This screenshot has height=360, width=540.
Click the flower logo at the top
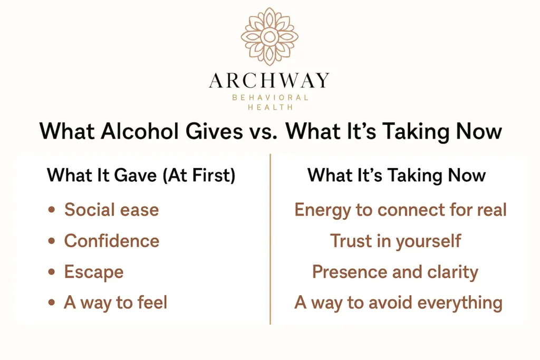[269, 36]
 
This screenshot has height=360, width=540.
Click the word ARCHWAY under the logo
[269, 80]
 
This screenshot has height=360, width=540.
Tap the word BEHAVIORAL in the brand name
[269, 98]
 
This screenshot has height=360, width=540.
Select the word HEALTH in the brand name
[269, 107]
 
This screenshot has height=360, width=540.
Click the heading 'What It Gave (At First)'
[141, 175]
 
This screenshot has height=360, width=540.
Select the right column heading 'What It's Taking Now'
[397, 175]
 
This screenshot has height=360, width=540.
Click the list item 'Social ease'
[111, 210]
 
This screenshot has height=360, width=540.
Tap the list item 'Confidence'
[111, 241]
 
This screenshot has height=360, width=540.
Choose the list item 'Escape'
[93, 272]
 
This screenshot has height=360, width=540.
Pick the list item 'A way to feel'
[115, 303]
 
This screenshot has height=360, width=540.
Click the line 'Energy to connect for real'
[400, 210]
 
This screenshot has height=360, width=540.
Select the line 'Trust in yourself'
[396, 241]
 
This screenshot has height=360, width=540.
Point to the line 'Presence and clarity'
[395, 272]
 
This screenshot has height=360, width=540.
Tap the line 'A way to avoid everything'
[398, 303]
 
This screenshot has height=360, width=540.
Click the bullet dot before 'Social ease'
[51, 210]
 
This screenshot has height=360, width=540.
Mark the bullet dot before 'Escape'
[51, 273]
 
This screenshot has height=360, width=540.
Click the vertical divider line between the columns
[270, 237]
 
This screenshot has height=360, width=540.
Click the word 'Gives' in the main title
[212, 131]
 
